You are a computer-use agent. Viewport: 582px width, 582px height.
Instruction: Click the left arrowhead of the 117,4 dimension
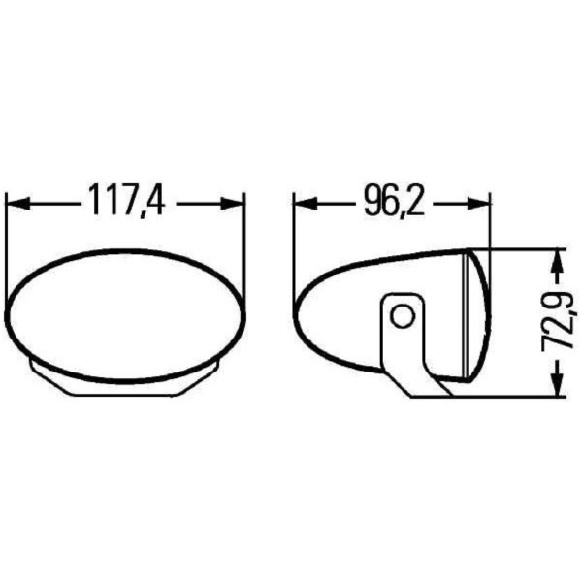[18, 204]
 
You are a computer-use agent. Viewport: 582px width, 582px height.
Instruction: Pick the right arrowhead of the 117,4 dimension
[233, 204]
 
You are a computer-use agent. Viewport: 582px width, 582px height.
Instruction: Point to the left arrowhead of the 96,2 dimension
[306, 204]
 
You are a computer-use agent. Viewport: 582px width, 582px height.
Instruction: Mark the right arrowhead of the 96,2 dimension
[479, 204]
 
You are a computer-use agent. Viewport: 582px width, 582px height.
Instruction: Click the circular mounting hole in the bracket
[403, 317]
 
